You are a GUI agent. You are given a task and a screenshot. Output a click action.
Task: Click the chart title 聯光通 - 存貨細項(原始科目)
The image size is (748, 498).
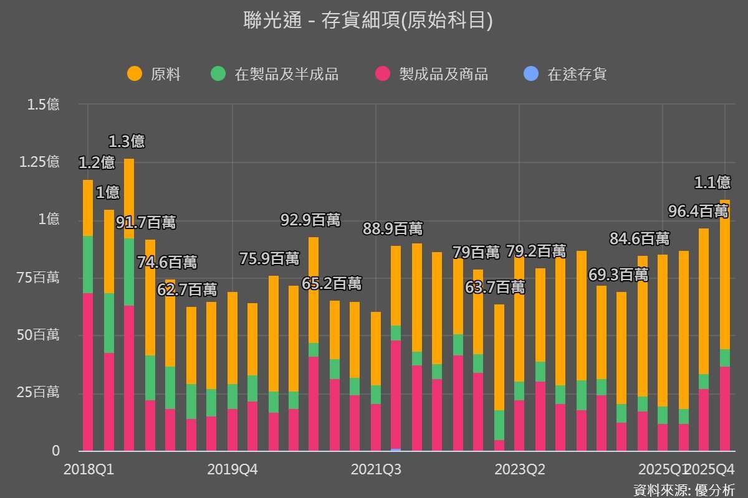(x=368, y=21)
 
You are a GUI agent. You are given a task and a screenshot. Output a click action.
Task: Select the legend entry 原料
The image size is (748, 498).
(x=165, y=75)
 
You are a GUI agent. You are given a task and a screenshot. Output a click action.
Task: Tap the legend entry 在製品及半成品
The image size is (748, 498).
(x=286, y=75)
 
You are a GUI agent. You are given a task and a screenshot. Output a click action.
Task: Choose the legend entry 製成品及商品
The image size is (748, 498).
(x=443, y=75)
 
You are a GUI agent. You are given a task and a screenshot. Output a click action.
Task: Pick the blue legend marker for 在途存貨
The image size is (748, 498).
(x=530, y=74)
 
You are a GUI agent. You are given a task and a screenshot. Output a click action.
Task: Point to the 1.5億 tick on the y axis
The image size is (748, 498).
(x=44, y=105)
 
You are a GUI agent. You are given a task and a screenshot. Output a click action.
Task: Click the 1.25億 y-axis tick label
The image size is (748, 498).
(x=39, y=162)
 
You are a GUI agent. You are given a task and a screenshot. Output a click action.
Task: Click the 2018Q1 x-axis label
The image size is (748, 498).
(x=89, y=469)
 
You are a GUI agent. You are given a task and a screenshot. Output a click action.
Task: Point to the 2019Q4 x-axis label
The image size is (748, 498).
(x=233, y=469)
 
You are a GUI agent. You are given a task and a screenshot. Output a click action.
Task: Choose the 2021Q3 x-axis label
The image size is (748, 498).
(x=376, y=469)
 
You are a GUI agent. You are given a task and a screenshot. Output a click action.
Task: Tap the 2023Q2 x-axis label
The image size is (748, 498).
(x=520, y=469)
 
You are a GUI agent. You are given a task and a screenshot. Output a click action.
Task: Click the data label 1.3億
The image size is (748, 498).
(x=127, y=141)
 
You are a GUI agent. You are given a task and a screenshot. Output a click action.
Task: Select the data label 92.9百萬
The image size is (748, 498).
(x=310, y=220)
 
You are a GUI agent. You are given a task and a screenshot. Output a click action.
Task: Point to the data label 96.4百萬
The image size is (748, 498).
(x=698, y=211)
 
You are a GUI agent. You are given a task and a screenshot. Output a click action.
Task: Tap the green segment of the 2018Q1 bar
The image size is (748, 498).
(x=88, y=265)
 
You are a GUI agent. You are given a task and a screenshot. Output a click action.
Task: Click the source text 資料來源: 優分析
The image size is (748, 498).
(x=684, y=489)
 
